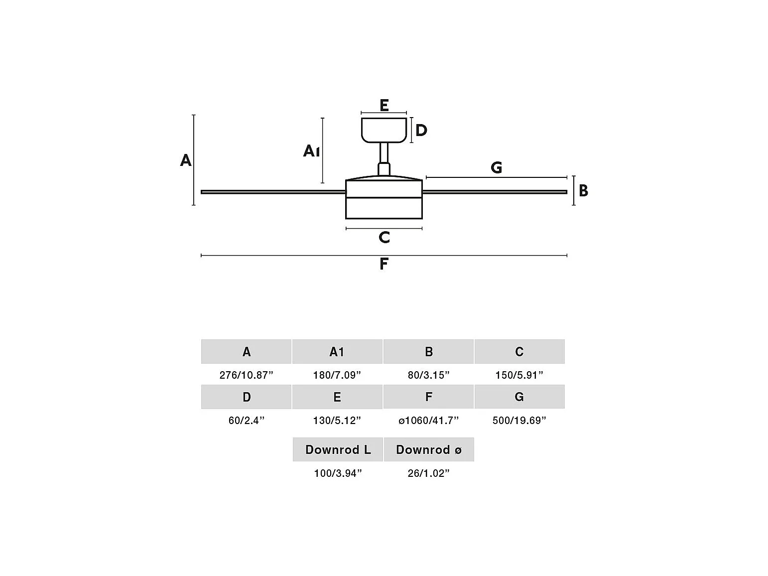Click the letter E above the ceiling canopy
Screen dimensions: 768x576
tap(384, 105)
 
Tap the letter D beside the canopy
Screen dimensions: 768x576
tap(421, 130)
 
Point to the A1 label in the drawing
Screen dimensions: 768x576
tap(311, 151)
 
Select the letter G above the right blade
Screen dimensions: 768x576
tap(496, 167)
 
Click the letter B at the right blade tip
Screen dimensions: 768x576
tap(583, 191)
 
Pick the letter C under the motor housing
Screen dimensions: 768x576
tap(384, 237)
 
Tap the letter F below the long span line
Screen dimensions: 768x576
tap(384, 264)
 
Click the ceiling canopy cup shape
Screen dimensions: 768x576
tap(384, 130)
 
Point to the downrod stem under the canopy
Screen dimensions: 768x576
tap(384, 158)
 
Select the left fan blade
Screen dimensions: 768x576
tap(273, 192)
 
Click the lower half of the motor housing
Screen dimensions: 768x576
tap(384, 208)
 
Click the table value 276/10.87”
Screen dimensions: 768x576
tap(247, 375)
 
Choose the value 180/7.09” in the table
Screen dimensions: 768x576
tap(337, 375)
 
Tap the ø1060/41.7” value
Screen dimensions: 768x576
tap(429, 420)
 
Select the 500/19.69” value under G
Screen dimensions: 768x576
tap(519, 420)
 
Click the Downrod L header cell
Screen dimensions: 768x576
tap(338, 449)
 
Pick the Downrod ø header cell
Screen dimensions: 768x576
tap(429, 449)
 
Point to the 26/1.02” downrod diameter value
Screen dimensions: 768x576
tap(429, 473)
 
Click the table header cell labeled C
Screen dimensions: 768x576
tap(519, 351)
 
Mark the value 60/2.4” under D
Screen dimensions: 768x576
tap(247, 420)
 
